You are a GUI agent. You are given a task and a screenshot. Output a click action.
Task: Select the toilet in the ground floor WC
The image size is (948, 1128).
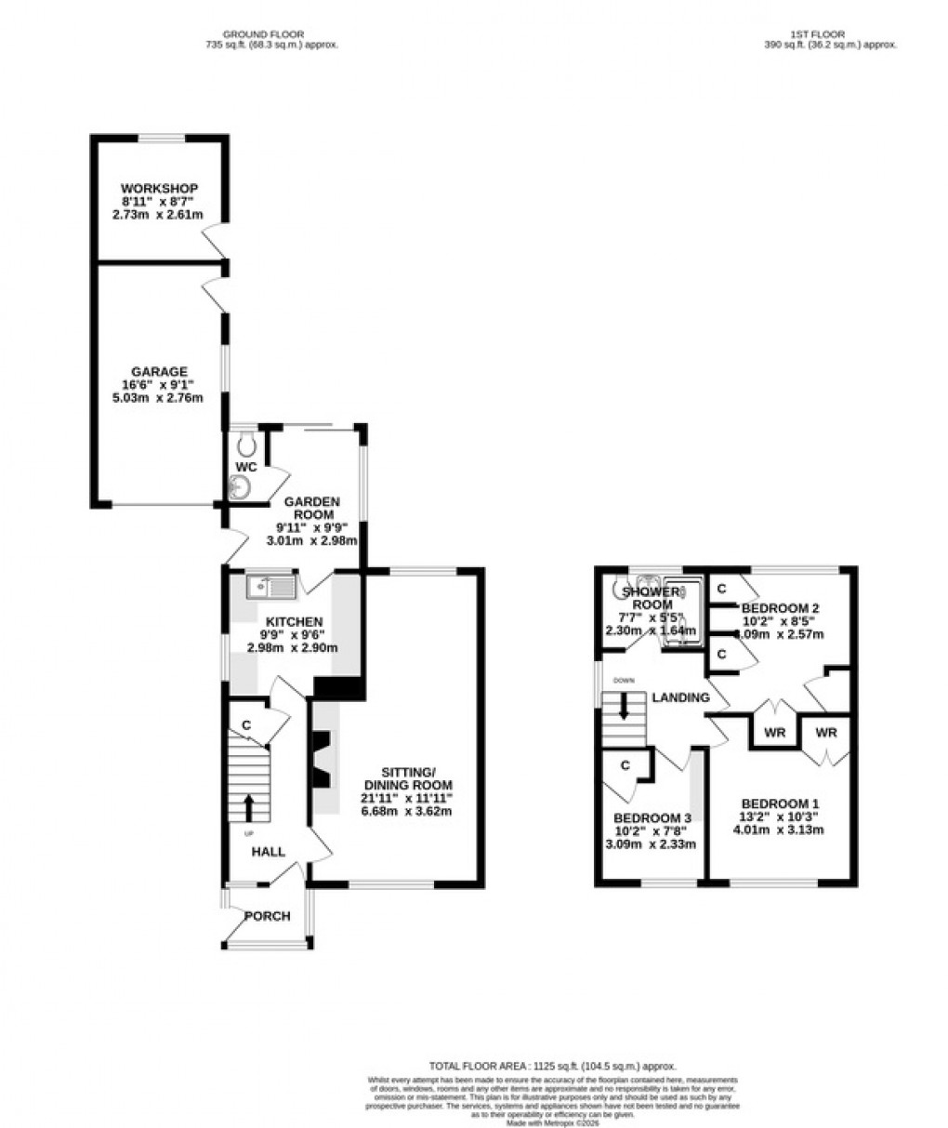point(245,440)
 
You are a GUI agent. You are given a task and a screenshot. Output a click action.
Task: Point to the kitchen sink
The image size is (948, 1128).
point(270,587)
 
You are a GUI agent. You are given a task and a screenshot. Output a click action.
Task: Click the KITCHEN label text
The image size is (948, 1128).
point(294,622)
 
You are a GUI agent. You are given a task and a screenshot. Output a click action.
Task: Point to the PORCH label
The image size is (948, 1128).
point(268,916)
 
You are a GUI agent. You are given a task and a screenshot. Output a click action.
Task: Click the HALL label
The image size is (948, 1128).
point(269,851)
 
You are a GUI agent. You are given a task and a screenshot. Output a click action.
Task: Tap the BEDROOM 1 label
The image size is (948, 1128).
point(780,803)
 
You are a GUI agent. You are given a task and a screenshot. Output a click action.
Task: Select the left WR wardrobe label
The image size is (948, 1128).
point(775,733)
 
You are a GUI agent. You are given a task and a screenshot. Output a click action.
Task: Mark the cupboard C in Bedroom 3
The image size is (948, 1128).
point(625,765)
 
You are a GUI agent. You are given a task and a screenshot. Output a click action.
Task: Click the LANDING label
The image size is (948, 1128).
point(680,697)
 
